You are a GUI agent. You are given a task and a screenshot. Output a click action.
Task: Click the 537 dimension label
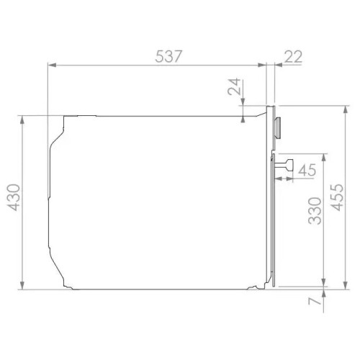point(168,56)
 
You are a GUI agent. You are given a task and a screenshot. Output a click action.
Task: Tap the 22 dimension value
point(293,57)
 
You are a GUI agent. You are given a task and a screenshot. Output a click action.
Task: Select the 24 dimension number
point(234,86)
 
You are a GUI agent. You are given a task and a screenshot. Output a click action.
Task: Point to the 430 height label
point(14,197)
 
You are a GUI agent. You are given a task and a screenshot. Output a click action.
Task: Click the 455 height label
point(337,197)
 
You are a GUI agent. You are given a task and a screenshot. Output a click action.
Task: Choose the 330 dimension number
point(315,211)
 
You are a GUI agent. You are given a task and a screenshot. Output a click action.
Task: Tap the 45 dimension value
point(307,170)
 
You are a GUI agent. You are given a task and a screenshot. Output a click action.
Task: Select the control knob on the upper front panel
point(278,128)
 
